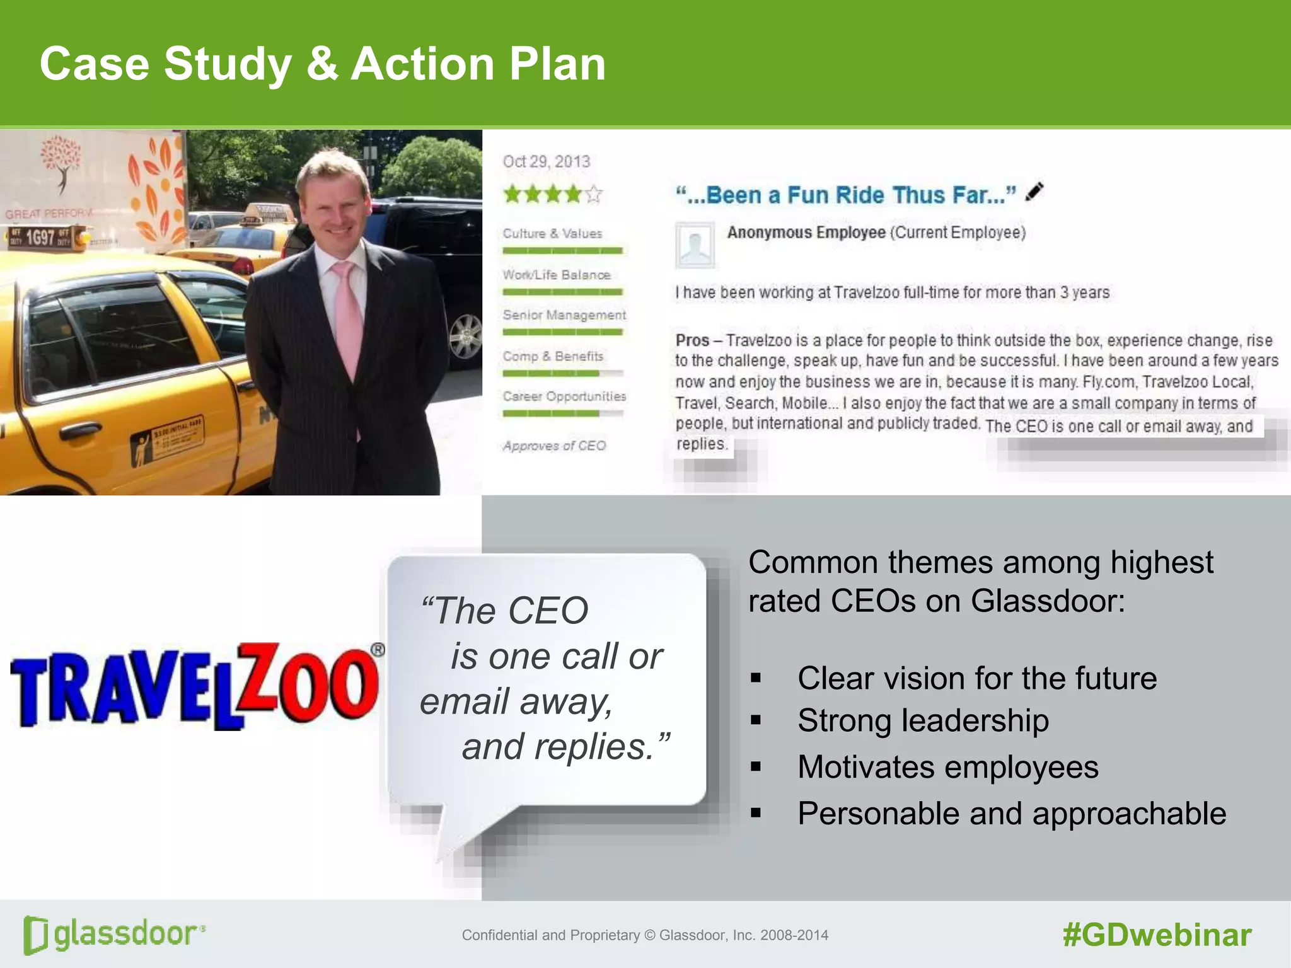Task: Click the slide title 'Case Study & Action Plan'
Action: (322, 64)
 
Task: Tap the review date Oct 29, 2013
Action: (546, 162)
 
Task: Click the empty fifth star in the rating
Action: (594, 194)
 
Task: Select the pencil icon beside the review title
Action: (1034, 192)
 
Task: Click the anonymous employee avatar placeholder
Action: (695, 245)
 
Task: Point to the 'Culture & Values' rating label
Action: (552, 234)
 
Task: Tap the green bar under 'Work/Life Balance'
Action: (562, 292)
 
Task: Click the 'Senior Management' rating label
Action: (564, 315)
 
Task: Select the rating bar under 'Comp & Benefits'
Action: (562, 374)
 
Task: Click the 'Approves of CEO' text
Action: (554, 446)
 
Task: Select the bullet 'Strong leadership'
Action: (923, 720)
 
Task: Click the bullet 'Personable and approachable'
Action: (1011, 814)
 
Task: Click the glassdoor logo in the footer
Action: (114, 934)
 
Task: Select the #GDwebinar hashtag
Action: (1157, 935)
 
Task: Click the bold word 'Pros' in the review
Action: (692, 340)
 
